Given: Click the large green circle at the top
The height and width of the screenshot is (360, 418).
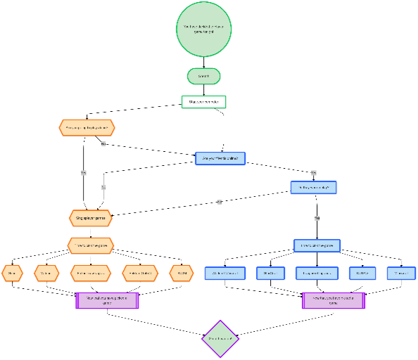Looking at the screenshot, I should [x=203, y=30].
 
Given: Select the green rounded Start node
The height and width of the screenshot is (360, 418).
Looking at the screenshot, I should [x=204, y=76].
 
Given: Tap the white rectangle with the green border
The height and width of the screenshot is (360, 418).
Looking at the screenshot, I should [x=203, y=102].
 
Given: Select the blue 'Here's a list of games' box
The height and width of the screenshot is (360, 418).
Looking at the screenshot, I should [x=317, y=245].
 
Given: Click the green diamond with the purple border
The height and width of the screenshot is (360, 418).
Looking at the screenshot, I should [x=220, y=338].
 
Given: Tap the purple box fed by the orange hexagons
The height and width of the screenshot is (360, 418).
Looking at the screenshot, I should [x=107, y=300].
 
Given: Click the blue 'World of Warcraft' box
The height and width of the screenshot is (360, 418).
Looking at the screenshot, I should [x=224, y=272].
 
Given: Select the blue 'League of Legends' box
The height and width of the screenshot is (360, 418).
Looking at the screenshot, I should [x=317, y=272].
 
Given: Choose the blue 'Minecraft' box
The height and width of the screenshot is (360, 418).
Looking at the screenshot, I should [x=401, y=272].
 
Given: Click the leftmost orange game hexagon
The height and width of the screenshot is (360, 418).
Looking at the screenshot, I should [x=12, y=272].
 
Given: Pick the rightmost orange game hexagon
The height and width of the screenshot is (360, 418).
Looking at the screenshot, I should [x=182, y=272].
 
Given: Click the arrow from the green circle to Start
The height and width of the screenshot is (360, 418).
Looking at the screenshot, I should [x=203, y=63].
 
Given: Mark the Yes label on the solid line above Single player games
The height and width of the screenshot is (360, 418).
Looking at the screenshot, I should [x=83, y=172].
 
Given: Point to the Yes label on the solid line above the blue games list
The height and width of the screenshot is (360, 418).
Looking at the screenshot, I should [x=317, y=218].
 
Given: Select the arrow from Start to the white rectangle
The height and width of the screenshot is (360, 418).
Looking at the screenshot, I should [x=203, y=89].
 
